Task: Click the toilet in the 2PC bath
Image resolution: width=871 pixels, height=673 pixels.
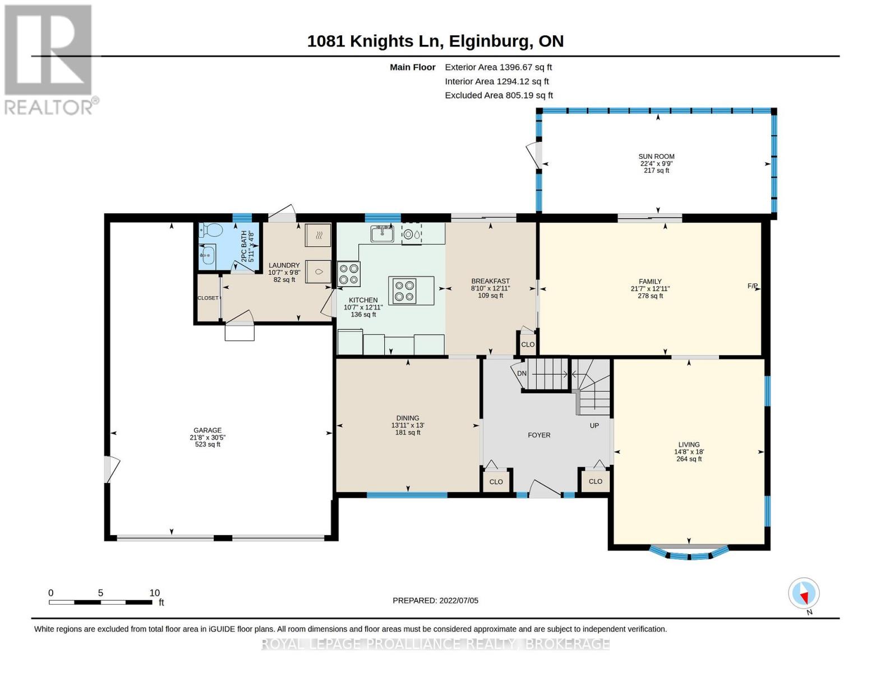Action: click(211, 230)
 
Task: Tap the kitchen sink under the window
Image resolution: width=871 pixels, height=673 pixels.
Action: click(381, 233)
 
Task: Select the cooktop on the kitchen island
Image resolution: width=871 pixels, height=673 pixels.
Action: click(404, 291)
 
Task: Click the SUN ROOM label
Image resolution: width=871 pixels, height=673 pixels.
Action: click(656, 156)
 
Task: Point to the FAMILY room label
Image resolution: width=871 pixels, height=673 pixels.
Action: click(650, 282)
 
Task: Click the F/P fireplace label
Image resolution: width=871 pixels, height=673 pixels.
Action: click(752, 286)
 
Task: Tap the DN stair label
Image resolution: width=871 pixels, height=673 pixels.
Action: click(522, 374)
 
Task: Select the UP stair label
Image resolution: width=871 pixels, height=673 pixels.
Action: click(594, 425)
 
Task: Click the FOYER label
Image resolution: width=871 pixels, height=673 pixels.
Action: click(539, 435)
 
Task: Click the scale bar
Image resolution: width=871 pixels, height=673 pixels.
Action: click(100, 602)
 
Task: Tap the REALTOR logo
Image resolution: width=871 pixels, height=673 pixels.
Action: click(49, 60)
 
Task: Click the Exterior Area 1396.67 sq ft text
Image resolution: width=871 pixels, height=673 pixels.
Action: click(498, 67)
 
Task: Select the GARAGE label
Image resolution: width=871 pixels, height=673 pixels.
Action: click(207, 430)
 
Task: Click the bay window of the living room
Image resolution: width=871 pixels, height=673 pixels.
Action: click(689, 553)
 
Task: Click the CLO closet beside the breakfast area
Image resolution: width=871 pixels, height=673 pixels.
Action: click(528, 344)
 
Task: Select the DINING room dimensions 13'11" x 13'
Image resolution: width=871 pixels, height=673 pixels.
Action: click(408, 425)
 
